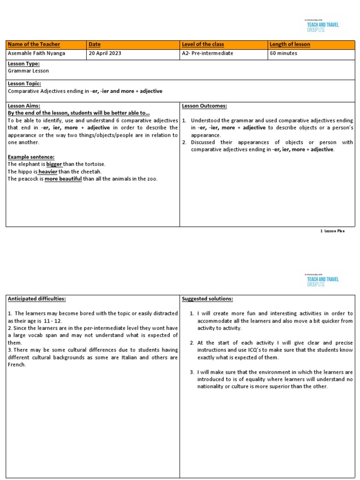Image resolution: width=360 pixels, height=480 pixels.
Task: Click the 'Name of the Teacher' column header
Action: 34,45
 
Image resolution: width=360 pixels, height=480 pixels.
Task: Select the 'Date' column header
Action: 95,45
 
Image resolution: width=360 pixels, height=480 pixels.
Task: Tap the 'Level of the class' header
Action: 202,45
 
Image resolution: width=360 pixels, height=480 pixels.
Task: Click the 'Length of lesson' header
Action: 290,45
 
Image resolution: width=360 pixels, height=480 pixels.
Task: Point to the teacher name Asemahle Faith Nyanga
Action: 37,53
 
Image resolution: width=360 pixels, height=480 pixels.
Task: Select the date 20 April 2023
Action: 105,53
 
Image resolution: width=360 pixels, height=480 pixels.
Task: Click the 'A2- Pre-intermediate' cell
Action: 207,53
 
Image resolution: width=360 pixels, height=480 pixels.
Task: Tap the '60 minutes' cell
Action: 284,53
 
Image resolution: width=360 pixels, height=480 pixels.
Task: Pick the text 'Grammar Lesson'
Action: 28,71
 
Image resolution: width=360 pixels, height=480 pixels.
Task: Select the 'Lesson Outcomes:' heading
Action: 204,106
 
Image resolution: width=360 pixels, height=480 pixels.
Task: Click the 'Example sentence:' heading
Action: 31,157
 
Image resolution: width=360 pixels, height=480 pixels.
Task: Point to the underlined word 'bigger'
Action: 54,164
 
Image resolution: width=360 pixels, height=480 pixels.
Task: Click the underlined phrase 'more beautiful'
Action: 63,179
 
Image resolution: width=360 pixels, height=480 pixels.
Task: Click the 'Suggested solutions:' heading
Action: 207,299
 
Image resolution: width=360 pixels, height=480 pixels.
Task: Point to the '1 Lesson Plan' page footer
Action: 332,231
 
